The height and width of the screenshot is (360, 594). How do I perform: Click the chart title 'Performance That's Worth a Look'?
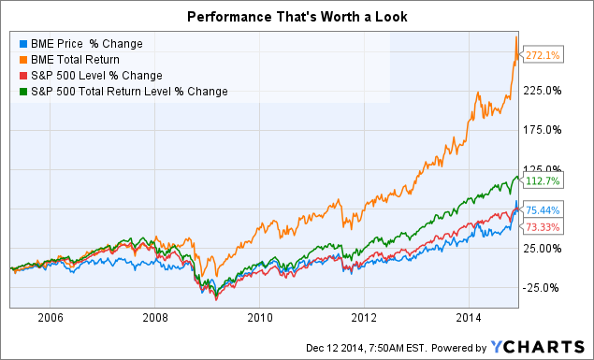pos(297,16)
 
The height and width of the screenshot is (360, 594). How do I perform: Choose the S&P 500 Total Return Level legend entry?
pos(117,91)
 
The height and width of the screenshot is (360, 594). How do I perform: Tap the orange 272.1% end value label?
pos(544,55)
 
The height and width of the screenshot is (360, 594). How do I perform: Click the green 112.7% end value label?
pos(544,181)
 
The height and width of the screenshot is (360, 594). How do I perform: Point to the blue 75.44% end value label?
pos(545,210)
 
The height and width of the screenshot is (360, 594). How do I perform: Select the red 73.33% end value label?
pos(545,227)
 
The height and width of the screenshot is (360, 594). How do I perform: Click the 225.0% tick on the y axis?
pos(543,90)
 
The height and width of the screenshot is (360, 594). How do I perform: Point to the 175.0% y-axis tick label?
pos(543,129)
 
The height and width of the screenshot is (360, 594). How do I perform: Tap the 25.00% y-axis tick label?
pos(543,248)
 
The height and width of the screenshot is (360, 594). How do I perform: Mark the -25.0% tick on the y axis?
pos(543,287)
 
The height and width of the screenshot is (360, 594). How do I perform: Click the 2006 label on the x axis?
pos(50,317)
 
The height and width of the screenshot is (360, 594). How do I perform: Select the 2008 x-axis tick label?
pos(154,317)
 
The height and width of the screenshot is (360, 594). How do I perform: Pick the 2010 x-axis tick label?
pos(259,317)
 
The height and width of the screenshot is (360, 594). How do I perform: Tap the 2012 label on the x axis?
pos(364,317)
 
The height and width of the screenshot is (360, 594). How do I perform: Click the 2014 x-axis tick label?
pos(469,317)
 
